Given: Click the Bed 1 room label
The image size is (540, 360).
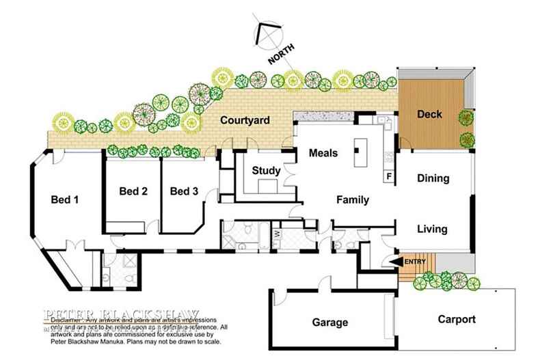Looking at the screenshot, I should point(66,200).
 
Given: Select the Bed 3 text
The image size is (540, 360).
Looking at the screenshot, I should point(184,191).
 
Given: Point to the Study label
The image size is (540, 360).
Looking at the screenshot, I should point(263,170).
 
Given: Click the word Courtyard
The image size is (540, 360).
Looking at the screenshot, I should point(244,121).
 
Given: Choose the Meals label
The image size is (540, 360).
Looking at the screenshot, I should point(323,153).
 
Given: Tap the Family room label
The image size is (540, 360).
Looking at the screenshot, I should point(352,200).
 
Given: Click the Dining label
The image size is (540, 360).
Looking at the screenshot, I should point(432,178).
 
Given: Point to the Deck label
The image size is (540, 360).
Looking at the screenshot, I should point(429,114).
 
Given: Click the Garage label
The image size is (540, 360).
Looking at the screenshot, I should point(330,322).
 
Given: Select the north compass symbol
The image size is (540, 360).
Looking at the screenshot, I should point(267,33).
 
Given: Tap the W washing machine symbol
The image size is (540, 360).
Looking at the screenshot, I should point(276,234).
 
